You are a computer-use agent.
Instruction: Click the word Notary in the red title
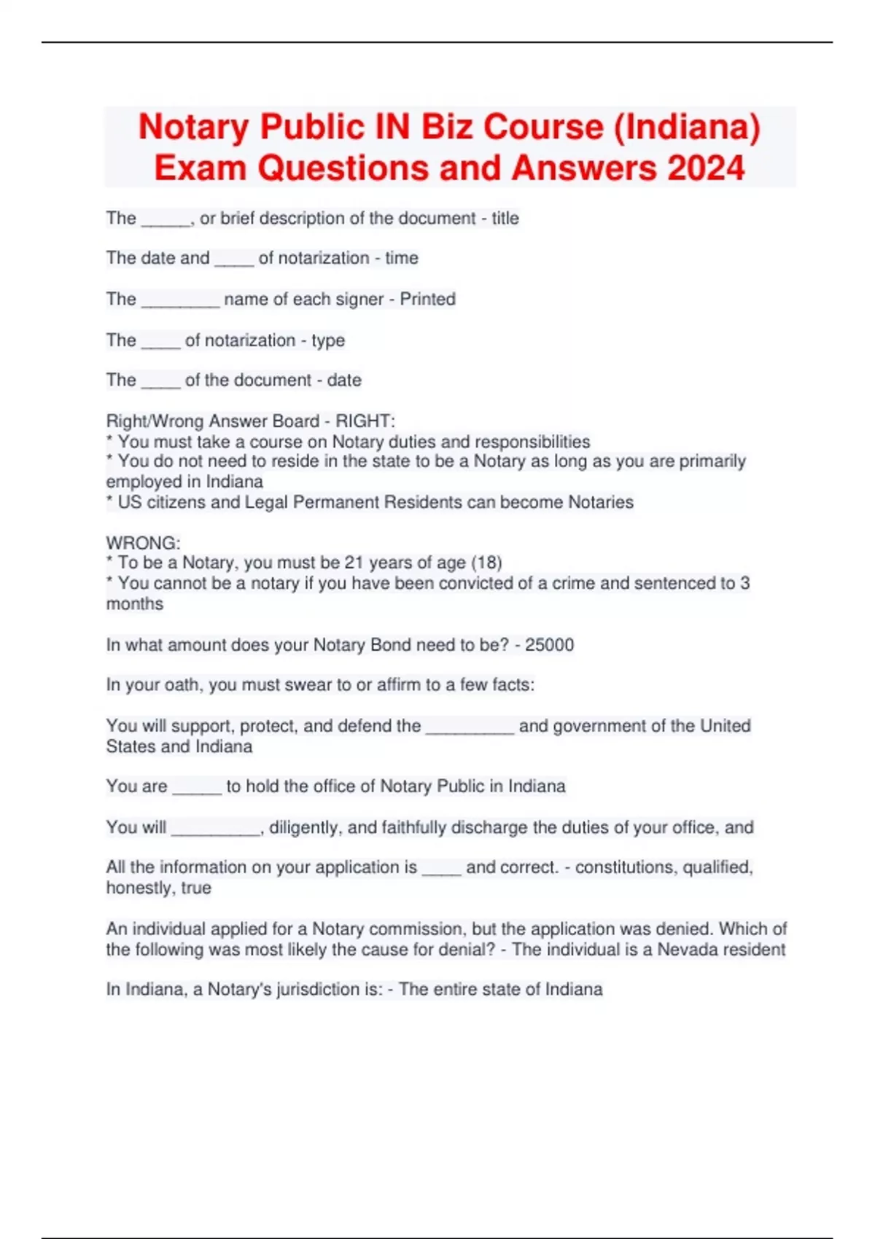(x=193, y=127)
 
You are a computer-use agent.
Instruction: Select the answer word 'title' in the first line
(x=505, y=218)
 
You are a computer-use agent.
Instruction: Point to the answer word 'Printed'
(x=427, y=299)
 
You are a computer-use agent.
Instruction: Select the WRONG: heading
(x=143, y=543)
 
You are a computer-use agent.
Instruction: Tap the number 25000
(x=549, y=645)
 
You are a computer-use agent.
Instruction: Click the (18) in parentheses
(x=486, y=563)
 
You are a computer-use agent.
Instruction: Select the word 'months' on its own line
(x=134, y=603)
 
